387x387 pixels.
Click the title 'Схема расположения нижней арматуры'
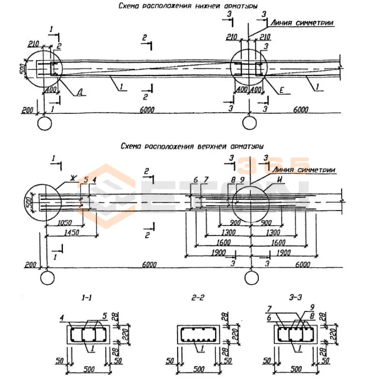188,6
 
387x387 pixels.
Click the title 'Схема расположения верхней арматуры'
190,145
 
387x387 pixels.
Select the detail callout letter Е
282,90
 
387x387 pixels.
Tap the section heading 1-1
86,299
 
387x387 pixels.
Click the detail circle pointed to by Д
42,69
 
